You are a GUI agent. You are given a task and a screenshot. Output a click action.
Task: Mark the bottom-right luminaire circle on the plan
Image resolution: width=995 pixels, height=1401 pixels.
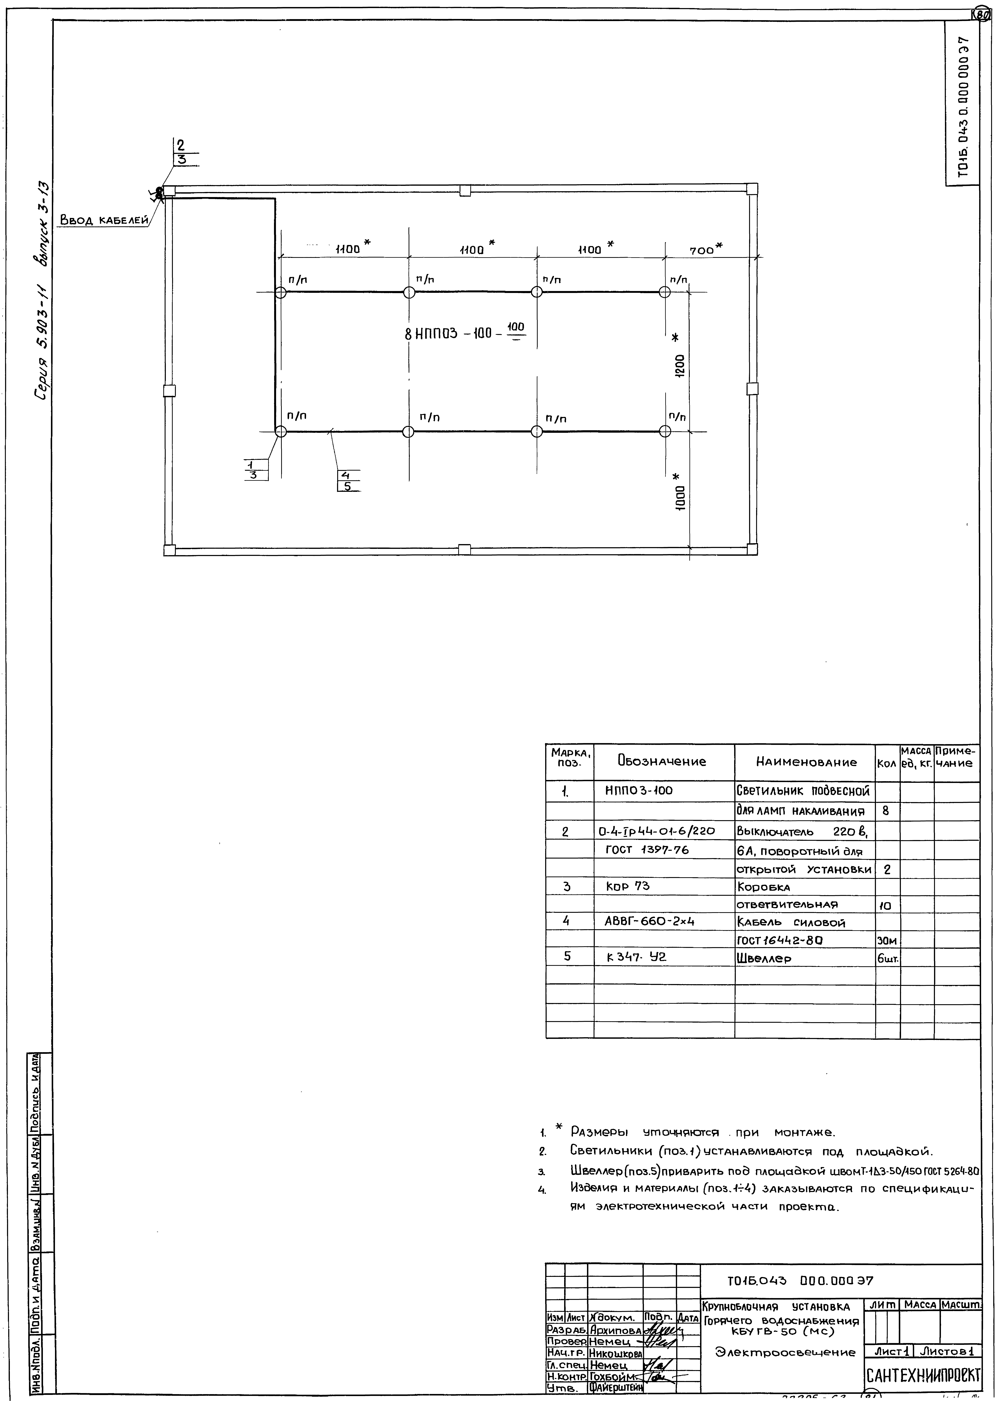pyautogui.click(x=665, y=431)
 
